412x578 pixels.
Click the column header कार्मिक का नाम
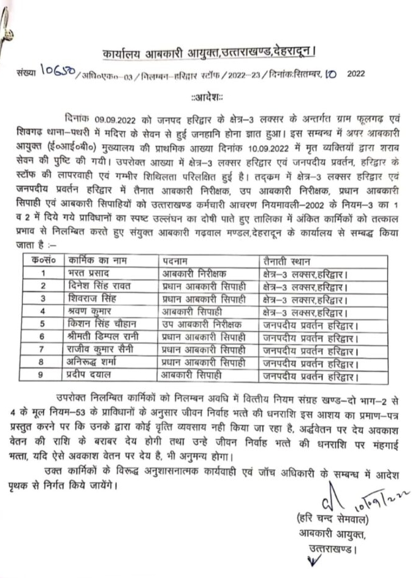tap(97, 258)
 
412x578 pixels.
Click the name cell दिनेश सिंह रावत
tap(102, 286)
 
